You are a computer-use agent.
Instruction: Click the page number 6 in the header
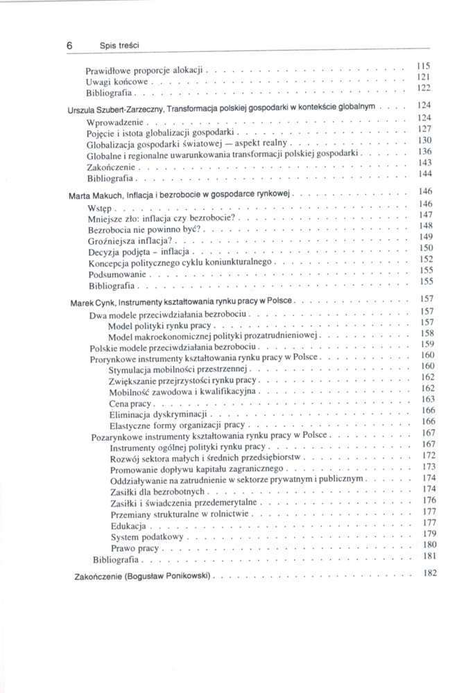[x=71, y=45]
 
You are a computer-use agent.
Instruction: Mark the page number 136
[x=426, y=150]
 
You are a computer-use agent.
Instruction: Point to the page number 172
[x=427, y=455]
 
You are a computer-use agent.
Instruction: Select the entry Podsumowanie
[x=116, y=274]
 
